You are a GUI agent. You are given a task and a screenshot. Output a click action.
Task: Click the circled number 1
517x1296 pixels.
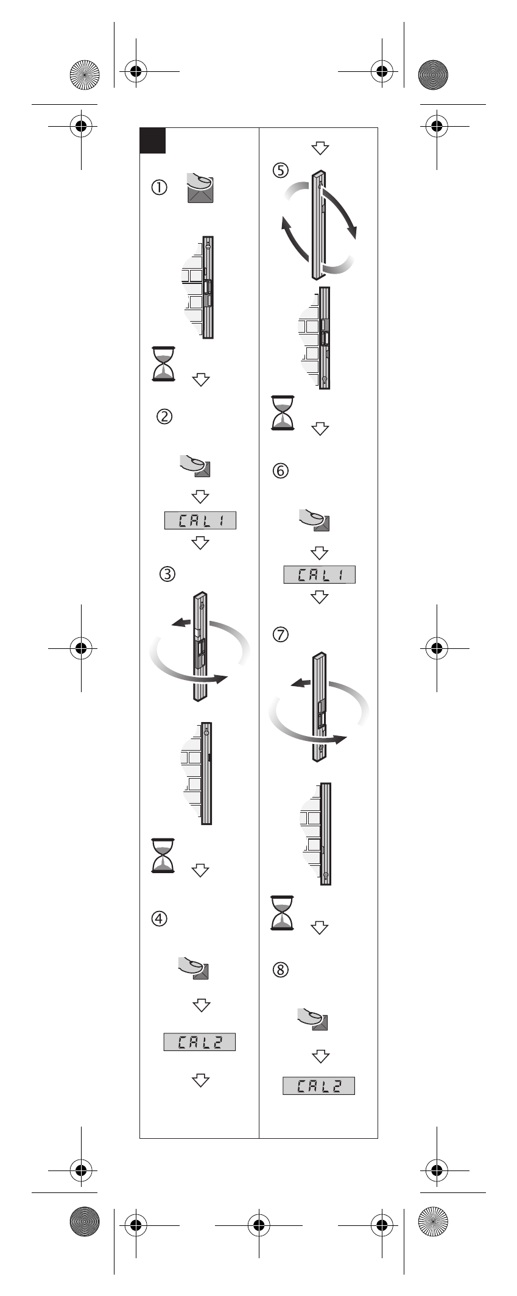(159, 188)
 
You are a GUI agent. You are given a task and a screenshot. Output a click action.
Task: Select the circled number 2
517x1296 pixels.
(164, 417)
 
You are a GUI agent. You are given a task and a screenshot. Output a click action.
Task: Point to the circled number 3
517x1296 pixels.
(167, 573)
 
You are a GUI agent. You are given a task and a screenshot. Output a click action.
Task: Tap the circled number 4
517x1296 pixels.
(159, 918)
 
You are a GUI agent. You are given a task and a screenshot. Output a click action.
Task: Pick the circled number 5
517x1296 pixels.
(281, 170)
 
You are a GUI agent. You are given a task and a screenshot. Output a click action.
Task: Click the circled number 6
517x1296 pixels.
(281, 471)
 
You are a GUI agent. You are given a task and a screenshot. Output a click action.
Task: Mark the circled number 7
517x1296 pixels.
(281, 634)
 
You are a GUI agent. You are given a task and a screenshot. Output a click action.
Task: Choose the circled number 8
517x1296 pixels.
(281, 969)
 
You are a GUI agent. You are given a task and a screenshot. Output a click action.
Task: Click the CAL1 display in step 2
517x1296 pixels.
(200, 520)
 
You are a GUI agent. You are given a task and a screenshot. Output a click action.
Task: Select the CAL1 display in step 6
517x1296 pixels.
(319, 575)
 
